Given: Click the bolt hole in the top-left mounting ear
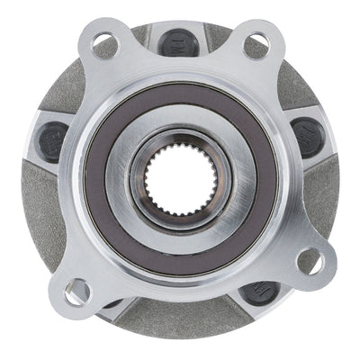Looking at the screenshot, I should (x=101, y=40).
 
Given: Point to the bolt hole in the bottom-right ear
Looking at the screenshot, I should (x=309, y=262).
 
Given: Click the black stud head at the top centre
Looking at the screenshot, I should (x=174, y=40).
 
